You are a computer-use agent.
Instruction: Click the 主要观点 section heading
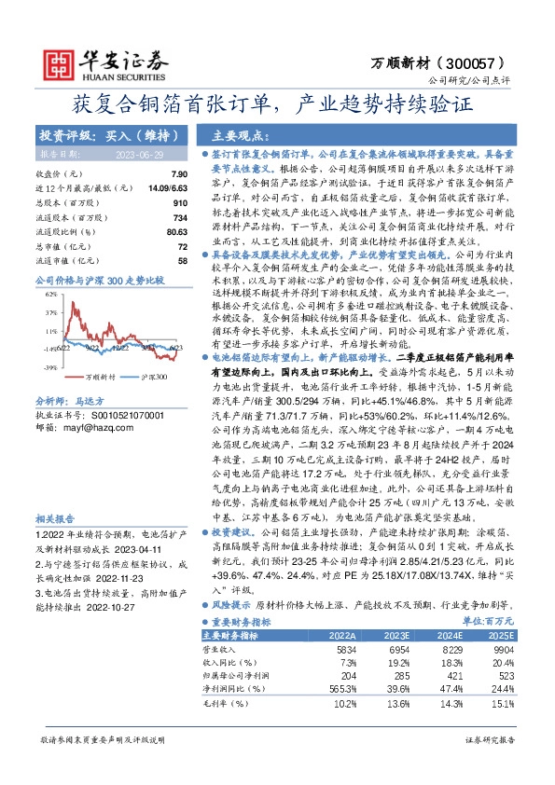coord(244,133)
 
